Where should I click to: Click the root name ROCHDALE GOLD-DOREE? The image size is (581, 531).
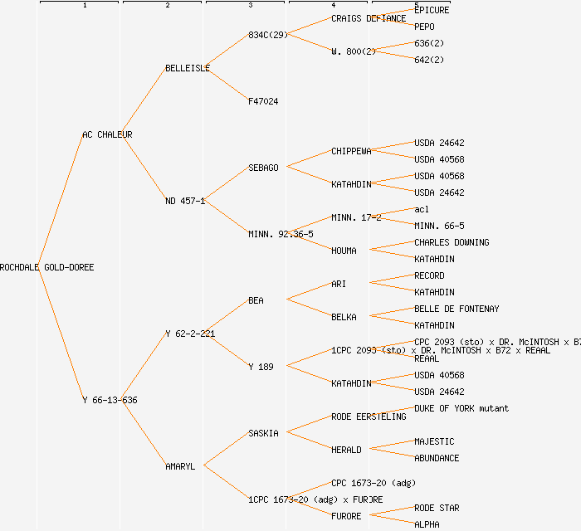tap(47, 267)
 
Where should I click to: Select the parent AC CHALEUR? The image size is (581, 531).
tap(107, 134)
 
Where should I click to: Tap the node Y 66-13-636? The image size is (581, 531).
tap(110, 400)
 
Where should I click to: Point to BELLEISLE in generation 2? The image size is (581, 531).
tap(188, 68)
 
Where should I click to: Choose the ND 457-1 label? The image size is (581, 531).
tap(185, 201)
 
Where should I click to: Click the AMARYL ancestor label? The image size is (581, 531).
tap(180, 466)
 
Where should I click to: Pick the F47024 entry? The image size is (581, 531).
tap(263, 101)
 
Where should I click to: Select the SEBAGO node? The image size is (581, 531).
tap(263, 168)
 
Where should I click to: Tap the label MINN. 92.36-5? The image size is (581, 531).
tap(281, 234)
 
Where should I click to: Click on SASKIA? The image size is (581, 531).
tap(263, 433)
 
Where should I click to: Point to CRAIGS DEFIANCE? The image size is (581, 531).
tap(369, 18)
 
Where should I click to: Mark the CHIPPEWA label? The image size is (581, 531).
tap(351, 151)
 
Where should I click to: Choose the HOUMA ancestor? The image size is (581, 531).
tap(344, 251)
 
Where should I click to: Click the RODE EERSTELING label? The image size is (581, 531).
tap(369, 417)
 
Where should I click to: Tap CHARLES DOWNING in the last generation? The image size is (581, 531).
tap(452, 242)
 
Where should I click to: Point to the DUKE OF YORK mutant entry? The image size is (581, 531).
tap(461, 408)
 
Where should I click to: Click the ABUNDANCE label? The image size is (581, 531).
tap(437, 458)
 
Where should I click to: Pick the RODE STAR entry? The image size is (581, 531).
tap(437, 508)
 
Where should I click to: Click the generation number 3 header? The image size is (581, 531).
tap(250, 6)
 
